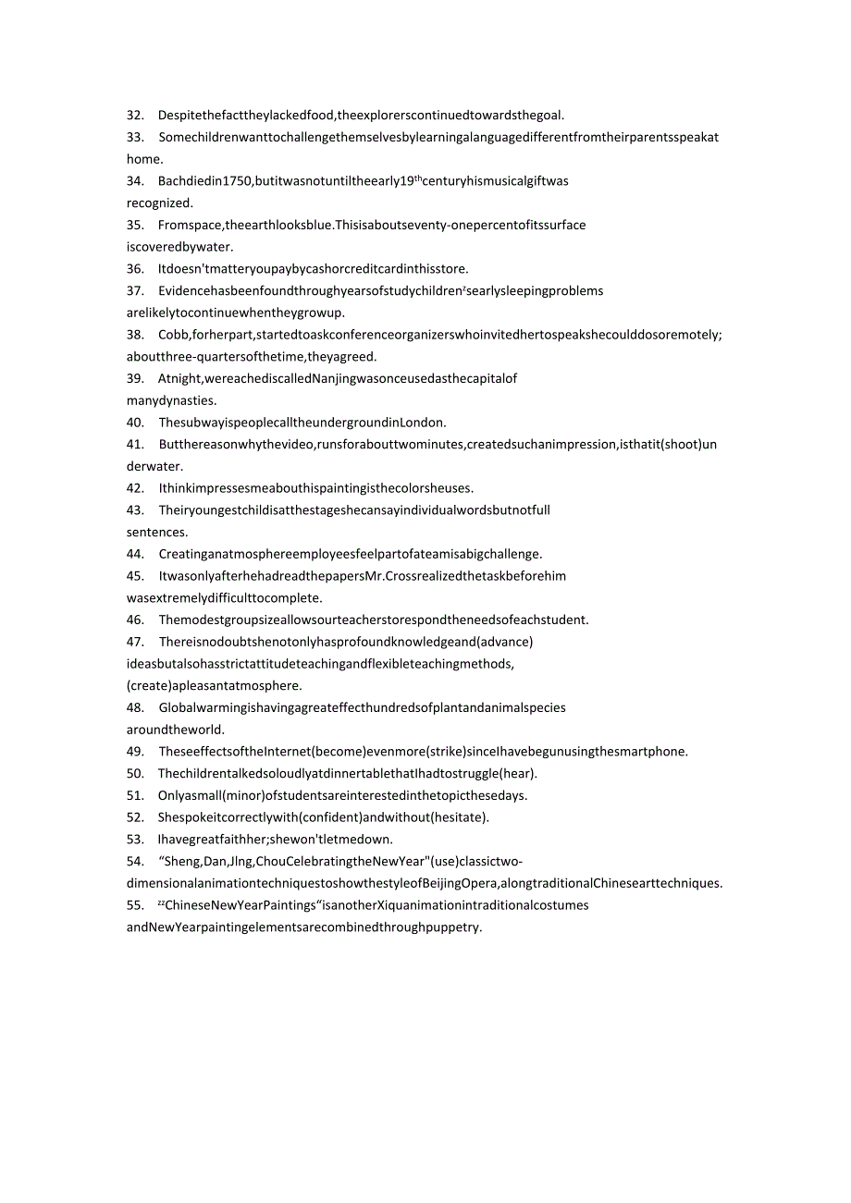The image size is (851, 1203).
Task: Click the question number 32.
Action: (x=135, y=116)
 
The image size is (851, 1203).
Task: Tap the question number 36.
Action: (x=135, y=269)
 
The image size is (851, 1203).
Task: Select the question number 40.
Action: (x=135, y=423)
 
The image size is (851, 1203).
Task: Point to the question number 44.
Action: (x=135, y=554)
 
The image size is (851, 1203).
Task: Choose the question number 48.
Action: (x=135, y=707)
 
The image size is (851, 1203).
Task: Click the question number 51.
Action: (x=135, y=795)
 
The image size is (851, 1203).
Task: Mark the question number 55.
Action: (x=135, y=905)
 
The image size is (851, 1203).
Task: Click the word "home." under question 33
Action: (x=145, y=159)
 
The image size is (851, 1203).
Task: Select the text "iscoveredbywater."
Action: (x=180, y=247)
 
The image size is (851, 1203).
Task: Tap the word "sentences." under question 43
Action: (x=157, y=532)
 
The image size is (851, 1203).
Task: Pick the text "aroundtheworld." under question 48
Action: (x=176, y=730)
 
